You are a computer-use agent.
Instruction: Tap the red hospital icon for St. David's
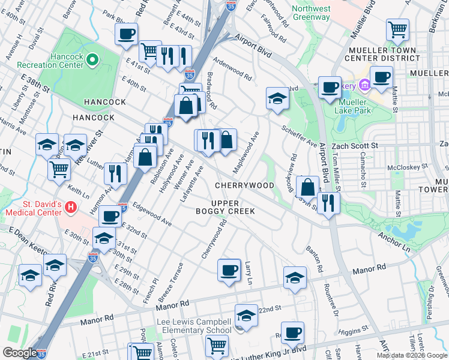pos(71,208)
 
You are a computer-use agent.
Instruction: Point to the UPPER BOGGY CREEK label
pos(225,206)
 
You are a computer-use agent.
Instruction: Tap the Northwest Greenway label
pos(311,13)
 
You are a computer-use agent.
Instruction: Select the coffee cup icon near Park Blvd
pos(127,34)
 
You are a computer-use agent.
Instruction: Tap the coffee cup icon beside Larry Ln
pos(228,270)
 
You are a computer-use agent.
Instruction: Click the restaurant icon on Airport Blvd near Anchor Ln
pos(328,202)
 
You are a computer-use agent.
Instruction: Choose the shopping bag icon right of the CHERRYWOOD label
pos(307,187)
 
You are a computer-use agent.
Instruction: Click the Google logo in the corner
pos(19,353)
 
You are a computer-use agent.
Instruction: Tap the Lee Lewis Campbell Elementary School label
pos(194,326)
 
